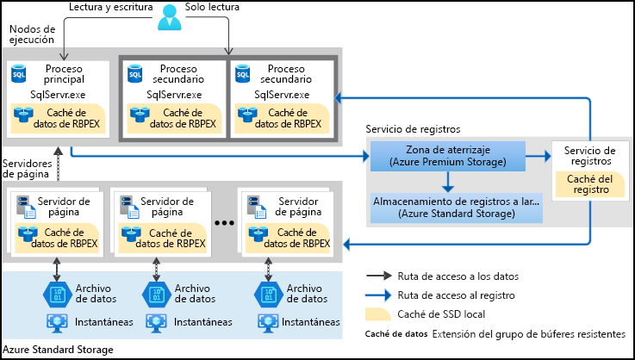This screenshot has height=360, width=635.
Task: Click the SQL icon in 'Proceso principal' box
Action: click(x=19, y=76)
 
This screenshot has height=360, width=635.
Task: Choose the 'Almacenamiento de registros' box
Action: click(x=456, y=206)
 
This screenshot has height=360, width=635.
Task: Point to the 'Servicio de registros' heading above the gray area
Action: click(x=412, y=128)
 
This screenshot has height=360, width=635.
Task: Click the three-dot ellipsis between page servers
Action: click(x=224, y=222)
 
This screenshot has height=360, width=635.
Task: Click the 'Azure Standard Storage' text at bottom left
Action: click(x=58, y=350)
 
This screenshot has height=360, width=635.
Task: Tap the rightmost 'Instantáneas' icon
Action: click(x=268, y=321)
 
